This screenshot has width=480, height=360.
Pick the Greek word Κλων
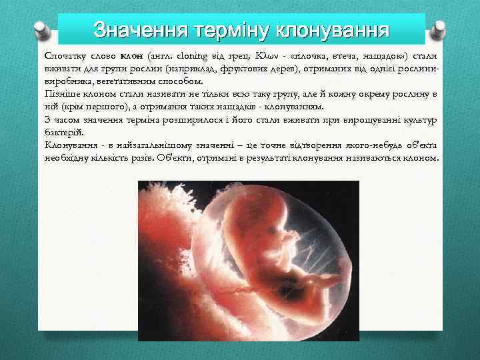tap(257, 55)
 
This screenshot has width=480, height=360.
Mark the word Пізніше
tap(61, 94)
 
